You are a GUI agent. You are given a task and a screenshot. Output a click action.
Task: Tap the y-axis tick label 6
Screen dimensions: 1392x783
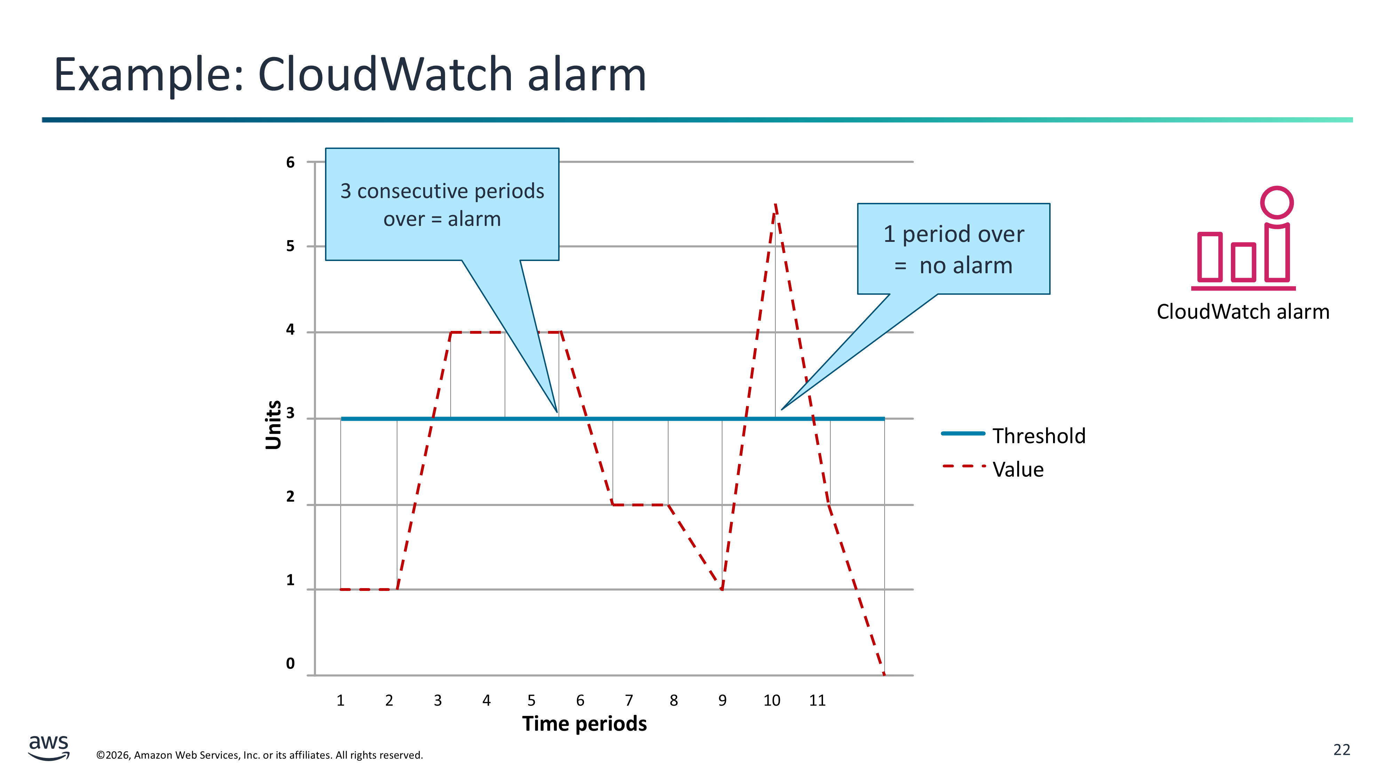pyautogui.click(x=291, y=162)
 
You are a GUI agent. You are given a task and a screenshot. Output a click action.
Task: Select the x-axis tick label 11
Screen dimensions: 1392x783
pyautogui.click(x=817, y=700)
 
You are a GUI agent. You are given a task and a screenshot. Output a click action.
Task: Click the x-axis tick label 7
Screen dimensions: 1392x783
pyautogui.click(x=629, y=700)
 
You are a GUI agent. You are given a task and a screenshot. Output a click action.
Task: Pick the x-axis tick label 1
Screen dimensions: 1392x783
pyautogui.click(x=340, y=700)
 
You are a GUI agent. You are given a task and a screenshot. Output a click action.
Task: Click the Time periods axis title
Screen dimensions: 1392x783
pyautogui.click(x=585, y=723)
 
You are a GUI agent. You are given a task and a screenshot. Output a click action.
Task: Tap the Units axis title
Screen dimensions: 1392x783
pyautogui.click(x=274, y=425)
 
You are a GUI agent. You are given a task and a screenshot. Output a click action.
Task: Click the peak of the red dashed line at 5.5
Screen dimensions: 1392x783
pyautogui.click(x=775, y=204)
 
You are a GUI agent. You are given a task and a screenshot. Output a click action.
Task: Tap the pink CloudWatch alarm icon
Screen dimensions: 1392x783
pyautogui.click(x=1243, y=238)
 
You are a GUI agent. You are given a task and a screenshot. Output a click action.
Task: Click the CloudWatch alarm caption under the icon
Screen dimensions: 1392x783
pyautogui.click(x=1243, y=312)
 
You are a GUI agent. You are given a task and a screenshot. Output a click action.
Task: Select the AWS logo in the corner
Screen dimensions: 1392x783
pyautogui.click(x=49, y=748)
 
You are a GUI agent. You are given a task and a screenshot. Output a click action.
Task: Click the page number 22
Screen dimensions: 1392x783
pyautogui.click(x=1342, y=750)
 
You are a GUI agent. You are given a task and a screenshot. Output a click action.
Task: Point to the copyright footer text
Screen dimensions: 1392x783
pyautogui.click(x=259, y=755)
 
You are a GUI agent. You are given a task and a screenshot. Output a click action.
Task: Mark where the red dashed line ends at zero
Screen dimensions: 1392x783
pyautogui.click(x=884, y=674)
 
